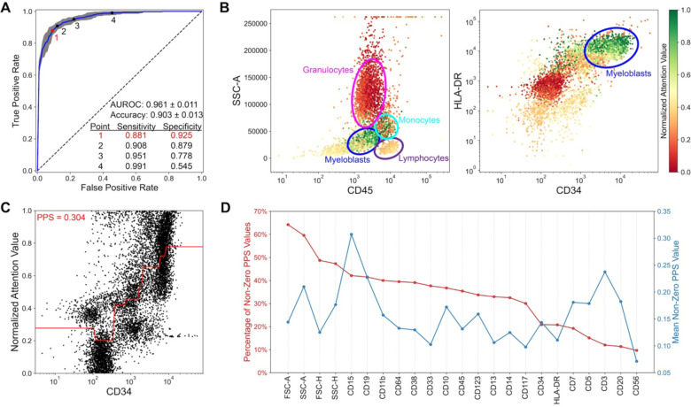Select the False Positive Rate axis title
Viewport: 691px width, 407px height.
click(119, 192)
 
